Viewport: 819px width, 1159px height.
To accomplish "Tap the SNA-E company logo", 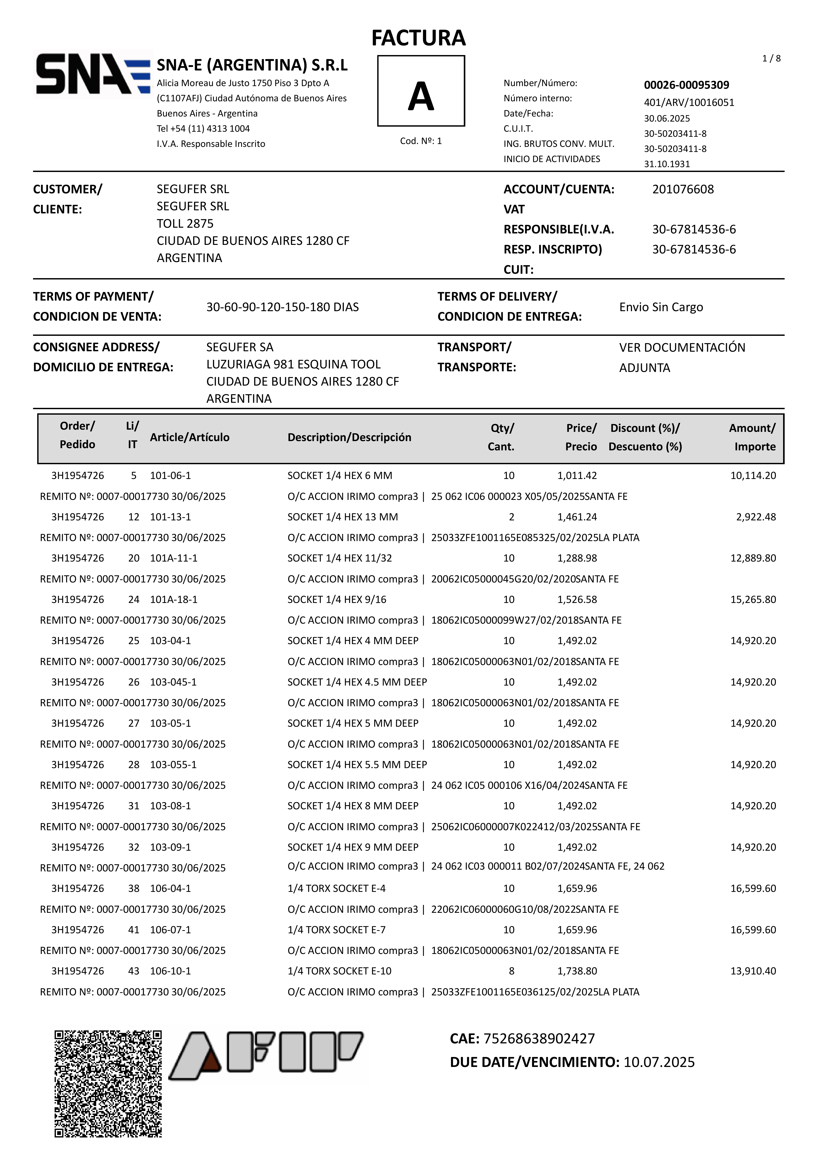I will (x=92, y=74).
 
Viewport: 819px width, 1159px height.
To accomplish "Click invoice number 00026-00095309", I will (x=686, y=85).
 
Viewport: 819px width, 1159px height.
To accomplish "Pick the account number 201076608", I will (x=683, y=189).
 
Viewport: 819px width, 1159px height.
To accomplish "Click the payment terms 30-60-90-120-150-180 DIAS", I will (x=282, y=307).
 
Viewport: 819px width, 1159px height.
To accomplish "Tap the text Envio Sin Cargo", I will (x=661, y=307).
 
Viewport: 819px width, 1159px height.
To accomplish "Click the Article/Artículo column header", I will (x=189, y=437).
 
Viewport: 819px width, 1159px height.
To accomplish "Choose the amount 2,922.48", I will (x=756, y=517).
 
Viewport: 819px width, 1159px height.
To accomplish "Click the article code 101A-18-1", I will (x=174, y=600).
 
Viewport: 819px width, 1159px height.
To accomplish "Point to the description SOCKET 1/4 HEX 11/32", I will (x=339, y=558).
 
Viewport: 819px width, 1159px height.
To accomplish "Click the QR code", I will (x=108, y=1084).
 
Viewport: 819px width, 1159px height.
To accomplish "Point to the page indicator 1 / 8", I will (x=771, y=59).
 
